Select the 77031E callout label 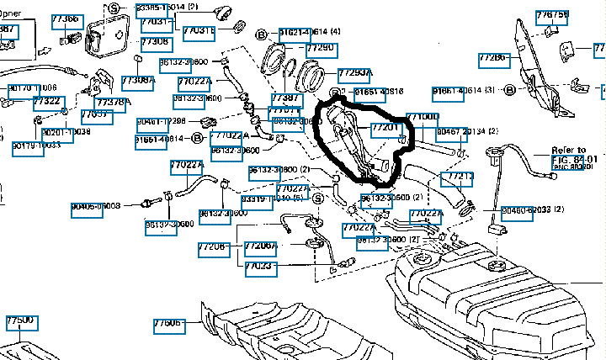[199, 30]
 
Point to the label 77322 [47, 102]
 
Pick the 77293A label [354, 74]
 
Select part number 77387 [285, 98]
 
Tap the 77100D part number [422, 117]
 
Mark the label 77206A [260, 246]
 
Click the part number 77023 [258, 266]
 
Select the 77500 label [20, 321]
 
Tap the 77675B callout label [552, 16]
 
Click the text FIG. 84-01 [573, 158]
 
